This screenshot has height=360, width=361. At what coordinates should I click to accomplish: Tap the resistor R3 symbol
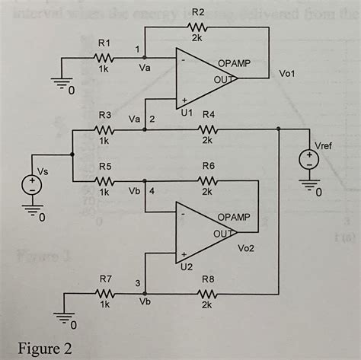point(104,129)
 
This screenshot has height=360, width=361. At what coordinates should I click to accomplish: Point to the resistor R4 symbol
point(207,129)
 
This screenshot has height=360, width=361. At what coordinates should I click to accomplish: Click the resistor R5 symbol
point(104,181)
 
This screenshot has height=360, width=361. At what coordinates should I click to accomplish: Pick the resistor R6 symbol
point(207,181)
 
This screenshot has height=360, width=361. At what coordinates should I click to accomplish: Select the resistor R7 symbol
point(104,292)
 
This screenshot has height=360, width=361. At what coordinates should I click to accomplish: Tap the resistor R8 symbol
point(207,292)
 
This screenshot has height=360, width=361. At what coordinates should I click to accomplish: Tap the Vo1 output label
point(288,74)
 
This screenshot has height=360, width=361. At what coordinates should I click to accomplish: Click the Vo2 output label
point(247,248)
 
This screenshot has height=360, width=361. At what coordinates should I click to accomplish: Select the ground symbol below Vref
point(309,188)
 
